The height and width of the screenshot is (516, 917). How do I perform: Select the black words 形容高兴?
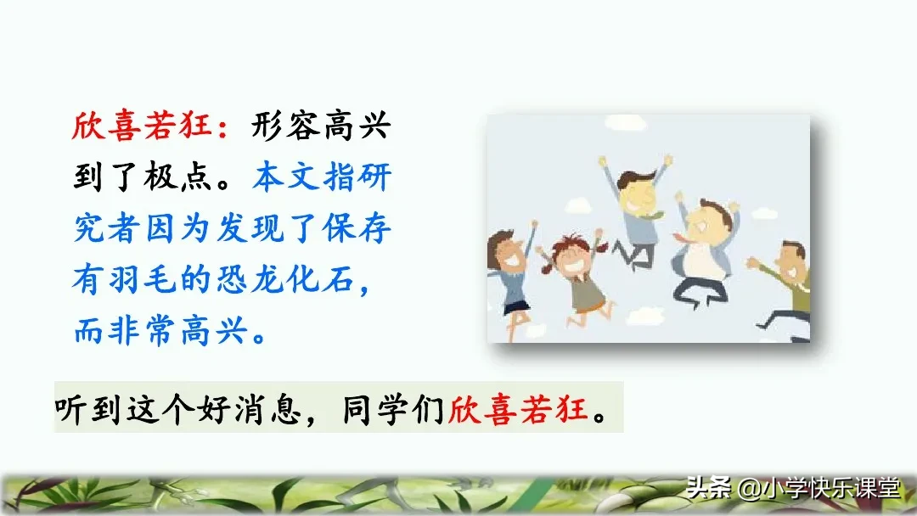tap(321, 129)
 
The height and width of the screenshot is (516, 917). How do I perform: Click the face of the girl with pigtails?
tap(571, 255)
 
